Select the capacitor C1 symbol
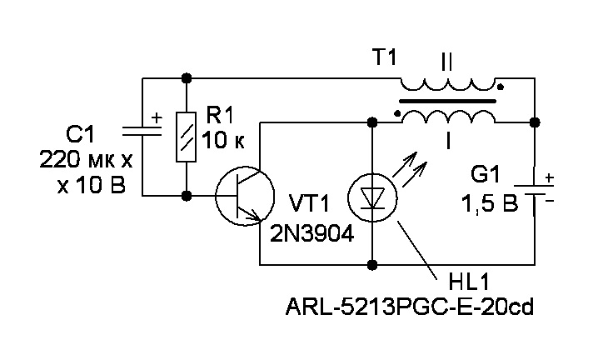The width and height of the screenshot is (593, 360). point(142,131)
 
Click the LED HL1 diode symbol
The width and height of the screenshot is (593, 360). point(371,197)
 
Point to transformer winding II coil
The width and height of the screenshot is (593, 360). point(450,85)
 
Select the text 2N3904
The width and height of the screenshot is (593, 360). point(311,235)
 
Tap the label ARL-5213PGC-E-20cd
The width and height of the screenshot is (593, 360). point(408,309)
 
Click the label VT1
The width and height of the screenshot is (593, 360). point(309,204)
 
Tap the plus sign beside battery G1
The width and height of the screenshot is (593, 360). point(550,177)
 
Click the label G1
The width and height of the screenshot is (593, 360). point(486,176)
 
